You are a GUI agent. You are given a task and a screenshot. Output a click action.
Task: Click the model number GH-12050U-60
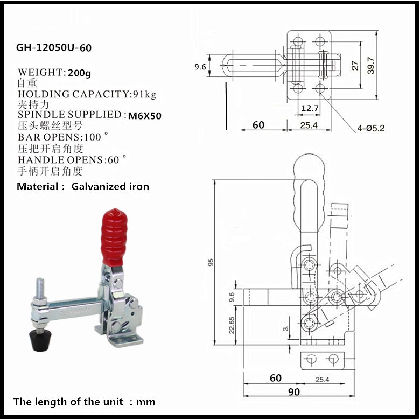coord(54,47)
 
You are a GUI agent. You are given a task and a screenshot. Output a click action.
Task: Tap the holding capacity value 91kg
coord(144,94)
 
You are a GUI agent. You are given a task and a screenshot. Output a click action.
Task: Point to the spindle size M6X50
coord(145,115)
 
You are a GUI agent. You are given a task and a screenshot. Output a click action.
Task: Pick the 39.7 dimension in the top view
coord(371,65)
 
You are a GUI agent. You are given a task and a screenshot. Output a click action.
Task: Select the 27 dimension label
coord(355,65)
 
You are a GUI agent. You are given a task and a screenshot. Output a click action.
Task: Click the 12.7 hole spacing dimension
coord(310,108)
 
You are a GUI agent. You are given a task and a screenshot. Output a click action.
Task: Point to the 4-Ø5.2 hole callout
coord(371,128)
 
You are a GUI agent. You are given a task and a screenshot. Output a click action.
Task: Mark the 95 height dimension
coord(211,262)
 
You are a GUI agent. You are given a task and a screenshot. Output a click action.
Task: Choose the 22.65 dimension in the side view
coord(232,325)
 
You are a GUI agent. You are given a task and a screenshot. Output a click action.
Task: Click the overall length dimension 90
coord(294,391)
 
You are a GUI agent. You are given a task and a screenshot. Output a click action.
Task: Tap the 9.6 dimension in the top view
coord(200,67)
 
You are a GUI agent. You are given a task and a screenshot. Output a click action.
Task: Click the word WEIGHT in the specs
coord(40,72)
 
